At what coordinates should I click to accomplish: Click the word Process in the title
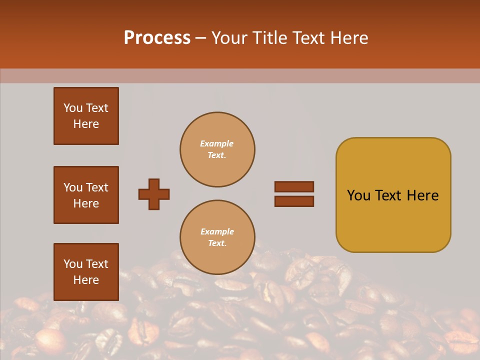(157, 38)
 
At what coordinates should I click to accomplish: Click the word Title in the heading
(268, 38)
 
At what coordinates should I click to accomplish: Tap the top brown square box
(86, 116)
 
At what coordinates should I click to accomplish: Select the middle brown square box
(86, 195)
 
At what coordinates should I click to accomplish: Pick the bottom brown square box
(86, 272)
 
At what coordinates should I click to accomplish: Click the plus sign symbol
(154, 194)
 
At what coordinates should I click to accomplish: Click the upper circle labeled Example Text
(217, 149)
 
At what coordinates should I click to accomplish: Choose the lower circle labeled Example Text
(217, 237)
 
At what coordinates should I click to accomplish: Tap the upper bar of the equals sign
(294, 187)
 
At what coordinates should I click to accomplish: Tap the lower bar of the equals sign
(294, 201)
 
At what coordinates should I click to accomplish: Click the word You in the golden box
(359, 195)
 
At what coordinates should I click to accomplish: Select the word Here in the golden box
(423, 195)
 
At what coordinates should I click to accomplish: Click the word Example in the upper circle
(217, 143)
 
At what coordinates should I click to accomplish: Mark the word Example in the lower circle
(217, 231)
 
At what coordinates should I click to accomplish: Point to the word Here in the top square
(86, 124)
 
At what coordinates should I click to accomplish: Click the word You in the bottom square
(73, 264)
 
